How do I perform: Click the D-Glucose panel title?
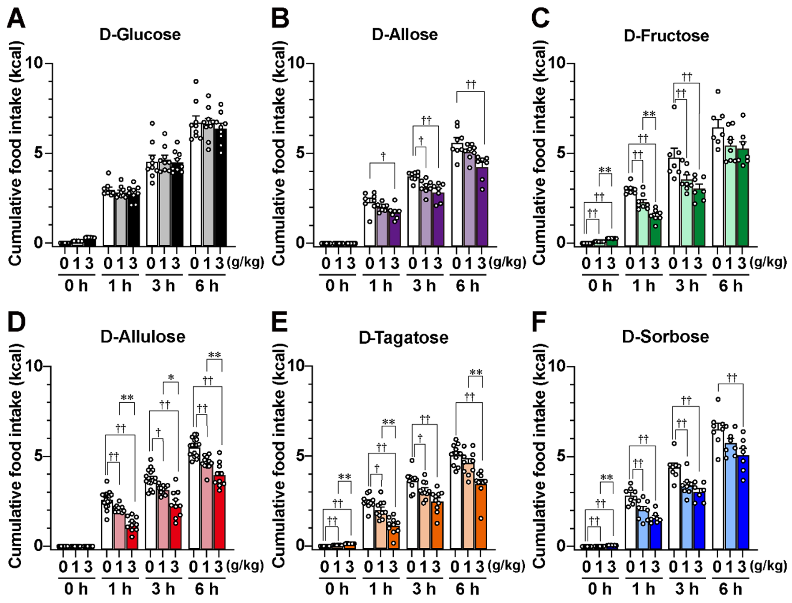pyautogui.click(x=140, y=35)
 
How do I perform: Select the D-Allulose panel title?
pyautogui.click(x=143, y=337)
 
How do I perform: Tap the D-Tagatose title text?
pyautogui.click(x=404, y=337)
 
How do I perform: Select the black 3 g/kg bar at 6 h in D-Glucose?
pyautogui.click(x=220, y=187)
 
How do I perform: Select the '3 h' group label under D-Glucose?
pyautogui.click(x=163, y=286)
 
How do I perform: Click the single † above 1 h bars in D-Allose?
pyautogui.click(x=383, y=156)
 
